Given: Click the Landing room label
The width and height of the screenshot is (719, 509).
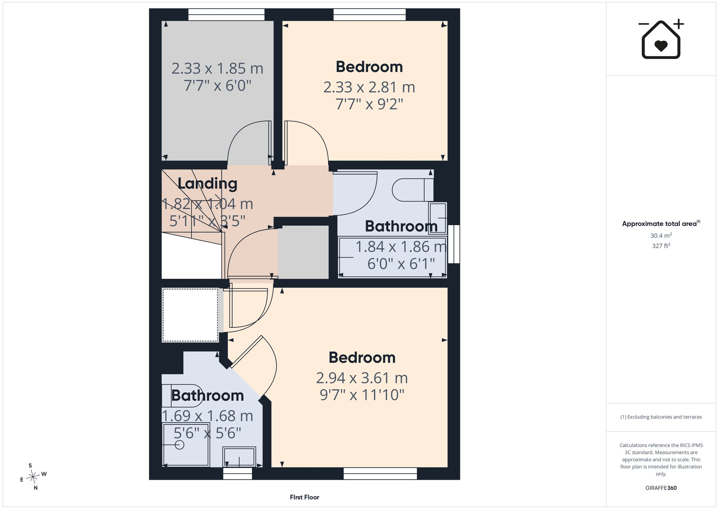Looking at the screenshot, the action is coord(207,184).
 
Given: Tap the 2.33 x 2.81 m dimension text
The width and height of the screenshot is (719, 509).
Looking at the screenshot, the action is coord(369,87).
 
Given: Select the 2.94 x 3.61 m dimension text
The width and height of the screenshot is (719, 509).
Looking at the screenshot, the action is coord(362,378).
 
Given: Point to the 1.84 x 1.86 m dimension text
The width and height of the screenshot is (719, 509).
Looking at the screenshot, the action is coord(401,247).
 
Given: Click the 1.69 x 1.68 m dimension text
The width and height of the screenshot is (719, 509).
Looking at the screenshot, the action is coord(207,416).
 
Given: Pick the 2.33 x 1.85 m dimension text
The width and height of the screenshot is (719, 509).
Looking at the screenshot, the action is coord(217,68).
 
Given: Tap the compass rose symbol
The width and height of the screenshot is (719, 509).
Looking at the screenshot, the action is coord(33,477).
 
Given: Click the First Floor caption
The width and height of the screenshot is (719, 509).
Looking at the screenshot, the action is coord(304,497).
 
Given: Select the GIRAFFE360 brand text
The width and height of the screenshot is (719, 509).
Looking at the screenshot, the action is coord(661,488).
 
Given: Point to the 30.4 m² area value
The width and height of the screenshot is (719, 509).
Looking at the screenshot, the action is coord(661,236).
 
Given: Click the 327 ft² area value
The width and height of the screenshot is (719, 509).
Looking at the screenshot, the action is coord(661,246).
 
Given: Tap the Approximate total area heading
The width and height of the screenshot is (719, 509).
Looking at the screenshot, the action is coord(661,223).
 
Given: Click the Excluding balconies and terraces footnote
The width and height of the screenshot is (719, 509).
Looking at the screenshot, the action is coord(661,417).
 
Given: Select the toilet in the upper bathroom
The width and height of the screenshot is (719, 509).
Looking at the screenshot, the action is coord(413,190).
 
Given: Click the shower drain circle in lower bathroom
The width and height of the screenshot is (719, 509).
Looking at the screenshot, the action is coord(179,445).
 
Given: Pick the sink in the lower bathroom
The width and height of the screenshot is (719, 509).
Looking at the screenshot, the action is coord(239,457).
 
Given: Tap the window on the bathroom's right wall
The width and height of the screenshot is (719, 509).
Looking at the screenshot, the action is coord(454,244).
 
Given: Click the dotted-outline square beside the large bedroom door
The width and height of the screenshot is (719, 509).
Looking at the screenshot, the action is coord(190,315).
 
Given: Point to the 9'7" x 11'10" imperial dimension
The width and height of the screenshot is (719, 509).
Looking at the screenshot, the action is coord(362,395).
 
